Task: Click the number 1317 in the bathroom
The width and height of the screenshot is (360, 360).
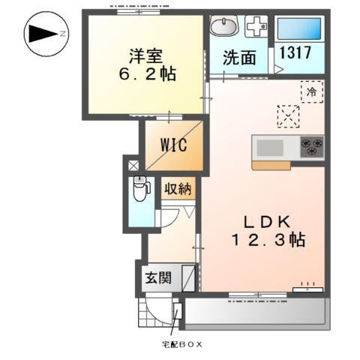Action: [x=295, y=53]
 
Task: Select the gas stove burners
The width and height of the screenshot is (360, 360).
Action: [x=312, y=145]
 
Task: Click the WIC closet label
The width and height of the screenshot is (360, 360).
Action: [x=172, y=145]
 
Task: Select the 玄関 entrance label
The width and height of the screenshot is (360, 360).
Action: [x=158, y=277]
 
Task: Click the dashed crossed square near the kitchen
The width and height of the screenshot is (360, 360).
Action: [x=288, y=115]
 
